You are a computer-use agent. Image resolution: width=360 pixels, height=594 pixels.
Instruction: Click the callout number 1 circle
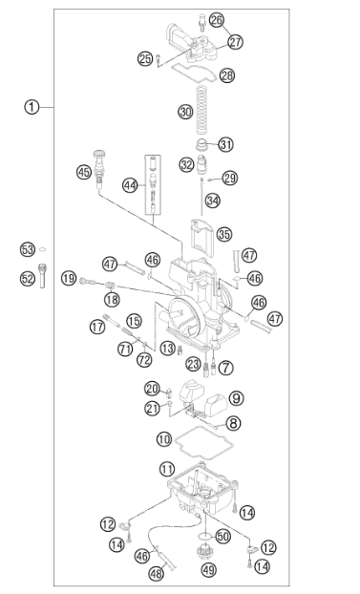pos(32,107)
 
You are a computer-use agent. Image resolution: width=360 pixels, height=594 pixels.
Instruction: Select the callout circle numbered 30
pos(185,112)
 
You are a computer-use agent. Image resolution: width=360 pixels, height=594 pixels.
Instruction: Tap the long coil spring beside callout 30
pos(203,110)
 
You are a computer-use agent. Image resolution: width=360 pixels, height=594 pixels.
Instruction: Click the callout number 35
pos(224,234)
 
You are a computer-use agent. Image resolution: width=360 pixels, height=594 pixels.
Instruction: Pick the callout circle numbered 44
pos(130,185)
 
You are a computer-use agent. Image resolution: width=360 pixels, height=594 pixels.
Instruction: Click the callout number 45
pos(84,172)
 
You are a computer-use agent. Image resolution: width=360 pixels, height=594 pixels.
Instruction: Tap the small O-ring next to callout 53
pos(43,249)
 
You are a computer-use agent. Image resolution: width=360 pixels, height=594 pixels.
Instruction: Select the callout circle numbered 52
pos(28,279)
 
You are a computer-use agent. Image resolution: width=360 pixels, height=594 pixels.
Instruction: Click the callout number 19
pos(69,279)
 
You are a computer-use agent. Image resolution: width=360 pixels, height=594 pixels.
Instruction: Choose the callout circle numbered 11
pos(167,470)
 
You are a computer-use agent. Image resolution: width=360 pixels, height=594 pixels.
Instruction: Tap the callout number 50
pos(222,536)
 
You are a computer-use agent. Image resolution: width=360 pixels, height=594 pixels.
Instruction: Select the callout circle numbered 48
pos(156,573)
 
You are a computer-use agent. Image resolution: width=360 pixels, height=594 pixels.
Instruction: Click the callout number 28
pos(226,75)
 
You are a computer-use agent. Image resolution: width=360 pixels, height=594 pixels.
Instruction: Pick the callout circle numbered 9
pos(236,398)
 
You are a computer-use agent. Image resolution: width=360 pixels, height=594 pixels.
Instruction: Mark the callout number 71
pos(125,349)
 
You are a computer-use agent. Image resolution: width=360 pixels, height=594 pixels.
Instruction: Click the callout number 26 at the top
pos(217,20)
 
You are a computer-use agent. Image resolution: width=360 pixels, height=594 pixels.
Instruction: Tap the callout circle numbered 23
pos(193,365)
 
